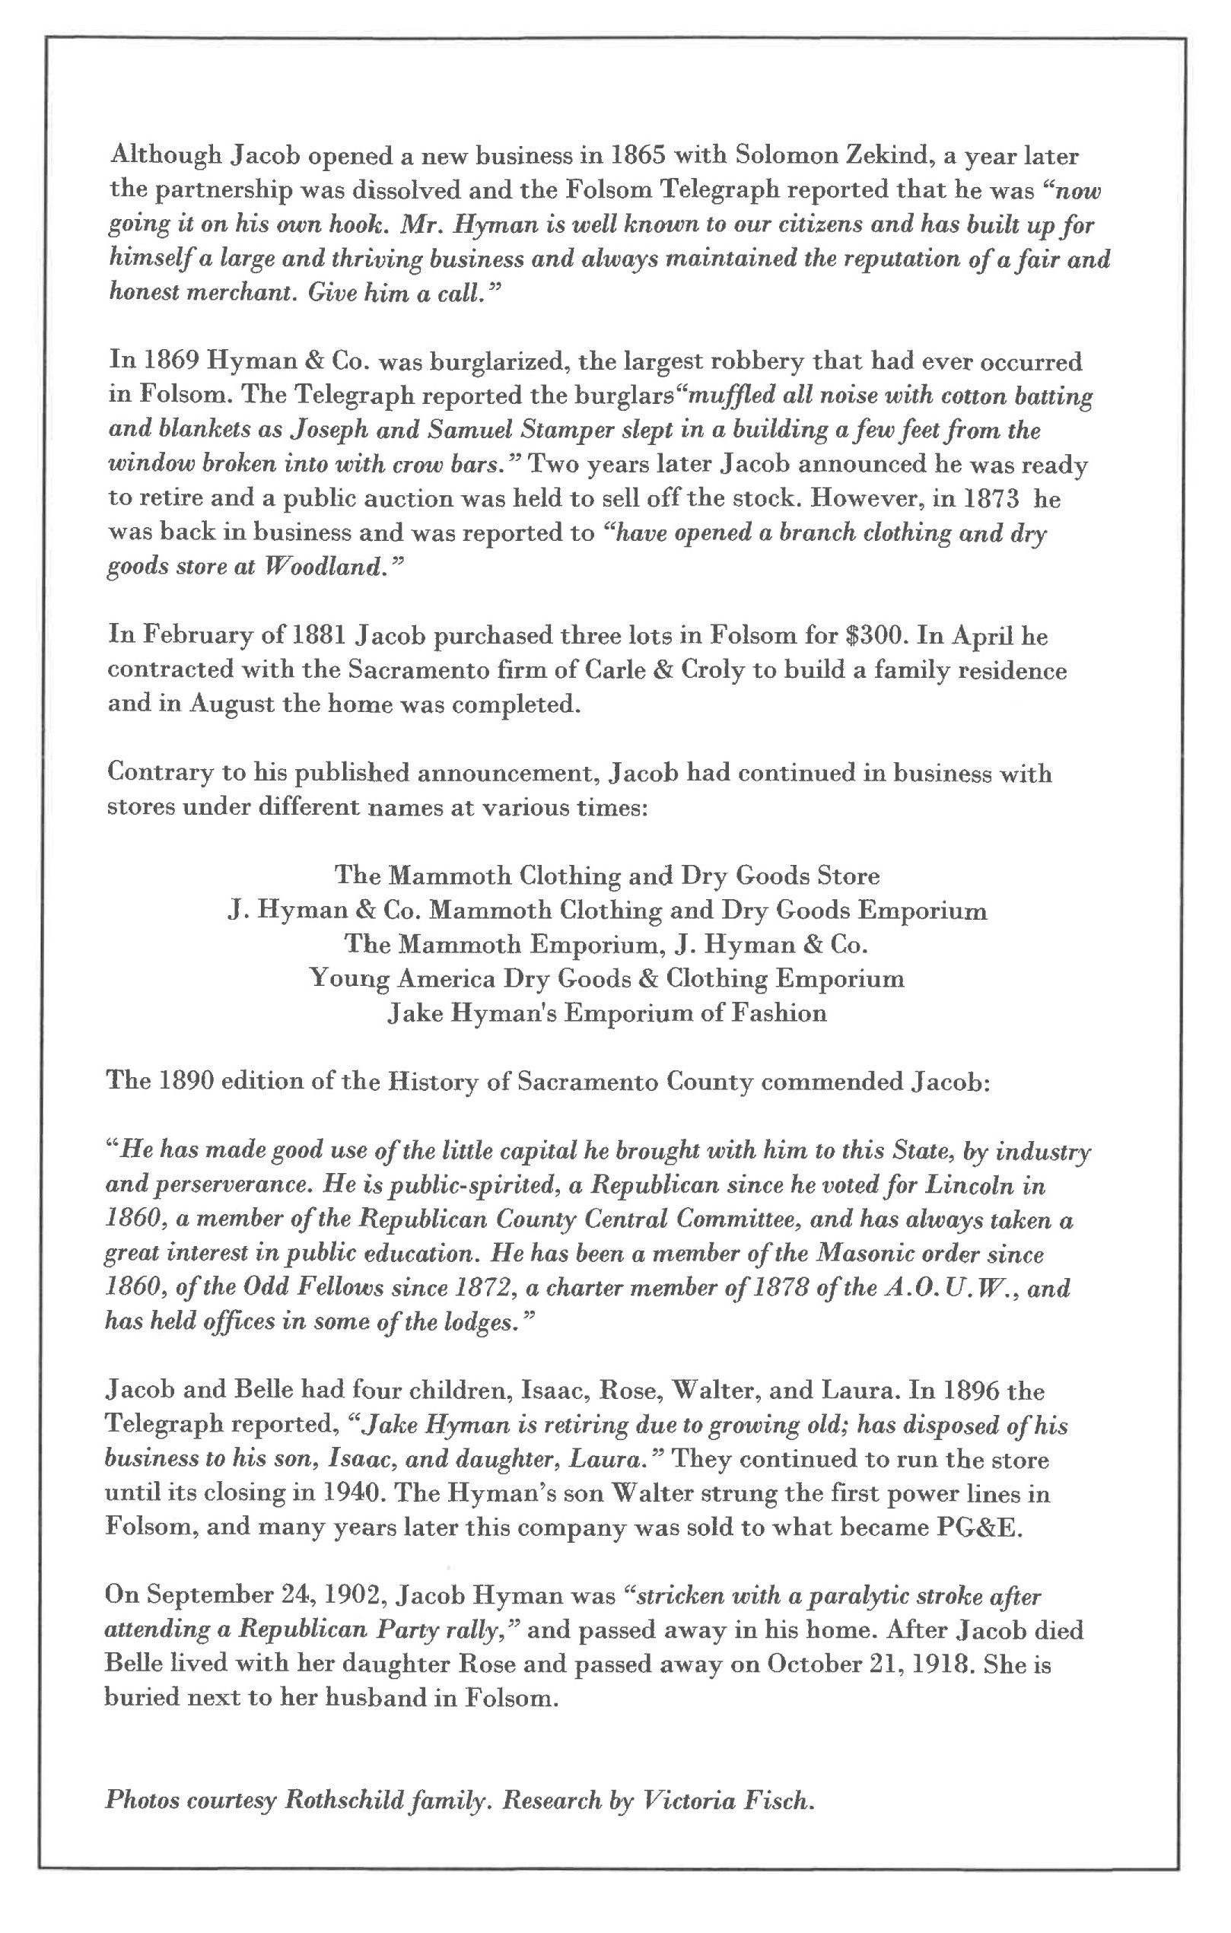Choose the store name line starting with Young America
[606, 978]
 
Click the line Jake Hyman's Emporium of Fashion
[606, 1013]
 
